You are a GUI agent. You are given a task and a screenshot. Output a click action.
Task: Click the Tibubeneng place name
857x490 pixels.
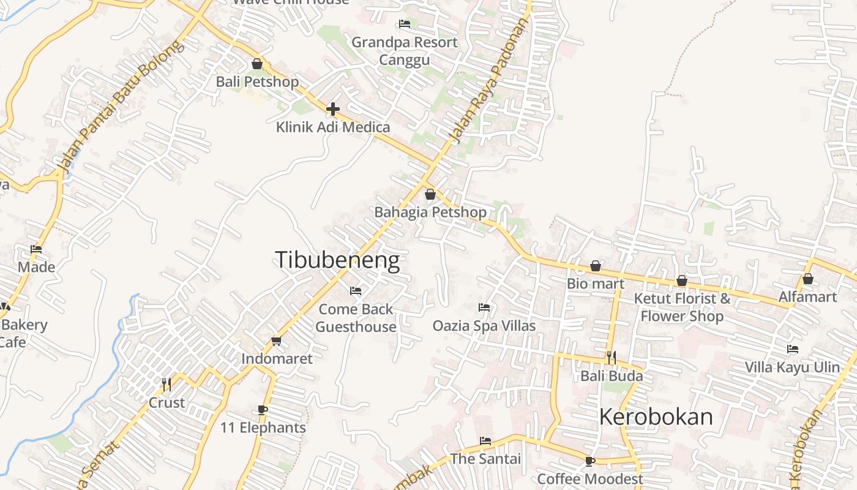point(337,260)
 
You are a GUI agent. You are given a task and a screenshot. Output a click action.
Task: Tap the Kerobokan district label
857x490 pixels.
point(656,417)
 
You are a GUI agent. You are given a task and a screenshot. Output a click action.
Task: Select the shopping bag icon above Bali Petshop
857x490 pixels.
point(257,64)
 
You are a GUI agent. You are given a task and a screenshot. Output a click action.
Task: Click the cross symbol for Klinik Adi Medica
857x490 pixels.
point(333,110)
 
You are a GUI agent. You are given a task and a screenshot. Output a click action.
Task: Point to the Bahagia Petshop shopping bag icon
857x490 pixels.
point(430,194)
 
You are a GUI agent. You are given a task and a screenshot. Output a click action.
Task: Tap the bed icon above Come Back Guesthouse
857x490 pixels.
point(356,290)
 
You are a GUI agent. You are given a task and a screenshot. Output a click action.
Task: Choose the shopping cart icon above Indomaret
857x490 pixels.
point(276,341)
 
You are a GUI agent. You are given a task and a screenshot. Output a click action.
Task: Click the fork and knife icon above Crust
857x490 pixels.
point(166,385)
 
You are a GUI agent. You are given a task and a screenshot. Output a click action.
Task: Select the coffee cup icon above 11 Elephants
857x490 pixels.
point(263,410)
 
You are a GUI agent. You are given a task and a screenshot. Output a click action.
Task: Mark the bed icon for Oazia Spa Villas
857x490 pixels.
point(484,307)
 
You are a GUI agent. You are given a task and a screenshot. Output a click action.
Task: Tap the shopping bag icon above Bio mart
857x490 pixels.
point(595,266)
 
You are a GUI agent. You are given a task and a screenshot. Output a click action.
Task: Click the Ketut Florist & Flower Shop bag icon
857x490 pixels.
point(682,281)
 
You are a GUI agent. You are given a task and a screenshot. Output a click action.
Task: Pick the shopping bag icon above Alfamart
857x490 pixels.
point(808,279)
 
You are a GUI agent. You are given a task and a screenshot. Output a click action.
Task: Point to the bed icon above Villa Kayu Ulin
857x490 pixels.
point(793,349)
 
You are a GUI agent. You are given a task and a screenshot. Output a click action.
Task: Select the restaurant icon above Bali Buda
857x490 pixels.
point(611,358)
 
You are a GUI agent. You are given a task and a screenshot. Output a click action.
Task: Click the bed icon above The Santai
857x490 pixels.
point(485,440)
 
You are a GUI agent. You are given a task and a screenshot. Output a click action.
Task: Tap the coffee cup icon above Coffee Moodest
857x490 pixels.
point(590,461)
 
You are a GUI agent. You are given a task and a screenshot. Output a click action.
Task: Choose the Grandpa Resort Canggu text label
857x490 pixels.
point(404,51)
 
